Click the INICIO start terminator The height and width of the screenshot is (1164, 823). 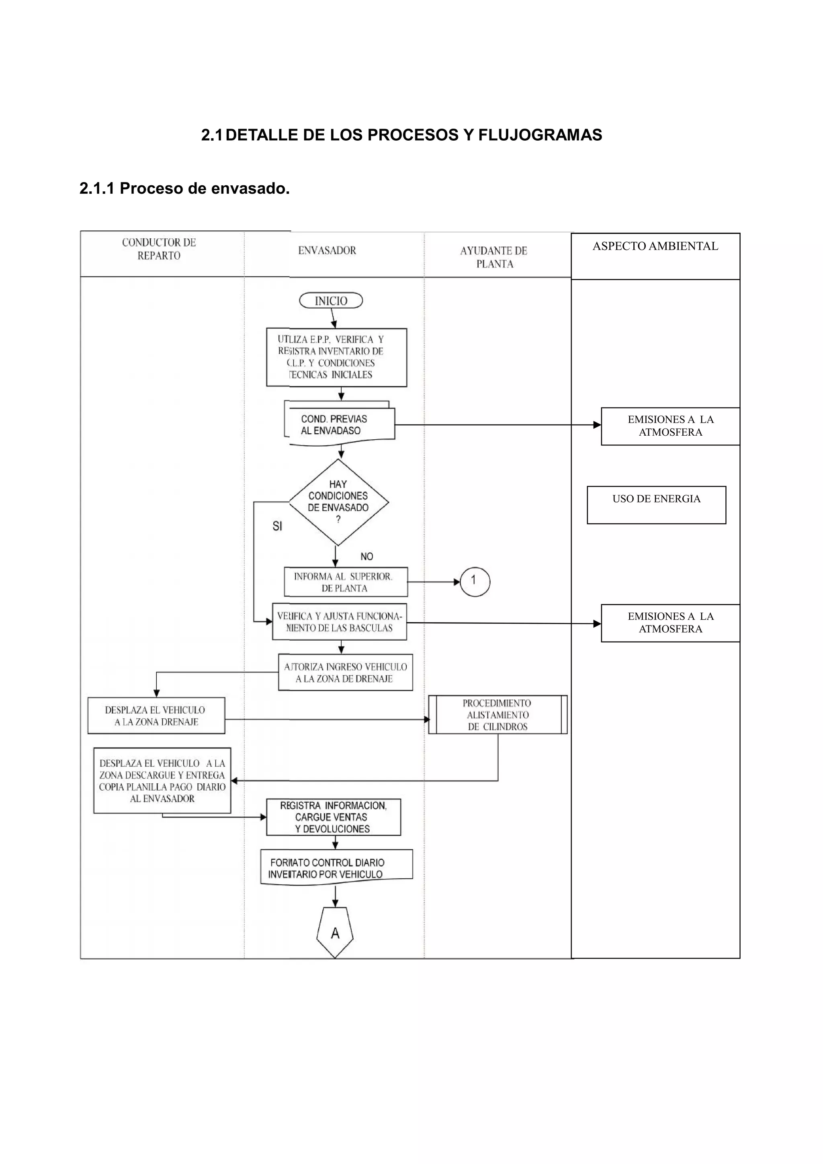tap(331, 301)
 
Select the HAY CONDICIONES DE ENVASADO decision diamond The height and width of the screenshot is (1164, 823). tap(338, 502)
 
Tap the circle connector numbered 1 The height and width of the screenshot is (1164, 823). tap(475, 582)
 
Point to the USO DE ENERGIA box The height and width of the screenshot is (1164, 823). tap(656, 505)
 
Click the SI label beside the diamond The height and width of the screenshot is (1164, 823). tap(277, 526)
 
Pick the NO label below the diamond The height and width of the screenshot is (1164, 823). tap(366, 557)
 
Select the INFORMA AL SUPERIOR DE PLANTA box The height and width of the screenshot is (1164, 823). tap(346, 582)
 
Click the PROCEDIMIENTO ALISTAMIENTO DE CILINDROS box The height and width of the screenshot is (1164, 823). tap(497, 715)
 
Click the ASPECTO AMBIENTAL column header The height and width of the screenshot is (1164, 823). tap(655, 246)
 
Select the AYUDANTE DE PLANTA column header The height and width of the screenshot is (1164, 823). tap(494, 257)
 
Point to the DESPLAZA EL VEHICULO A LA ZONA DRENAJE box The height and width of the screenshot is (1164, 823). tap(156, 716)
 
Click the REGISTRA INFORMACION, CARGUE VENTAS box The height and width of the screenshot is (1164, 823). tap(334, 817)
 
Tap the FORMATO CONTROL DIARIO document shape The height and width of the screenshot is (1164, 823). tap(336, 869)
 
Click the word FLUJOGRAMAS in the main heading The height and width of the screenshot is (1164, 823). tap(540, 135)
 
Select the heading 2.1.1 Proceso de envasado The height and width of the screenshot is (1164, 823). tap(184, 189)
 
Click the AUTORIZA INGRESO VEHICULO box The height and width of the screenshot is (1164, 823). tap(345, 673)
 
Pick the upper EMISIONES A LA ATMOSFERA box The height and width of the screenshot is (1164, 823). tap(670, 426)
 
